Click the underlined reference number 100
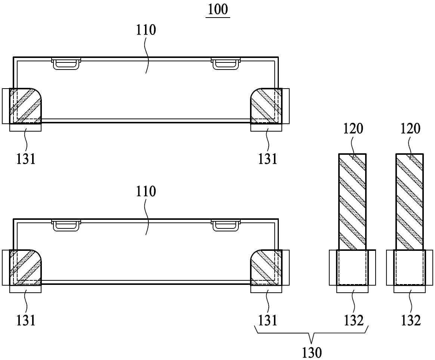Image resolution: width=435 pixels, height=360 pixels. click(218, 9)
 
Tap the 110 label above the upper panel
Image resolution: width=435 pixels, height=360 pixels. click(146, 30)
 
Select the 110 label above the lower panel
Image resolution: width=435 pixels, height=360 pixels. click(146, 191)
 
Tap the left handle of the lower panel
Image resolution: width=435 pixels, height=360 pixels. click(66, 225)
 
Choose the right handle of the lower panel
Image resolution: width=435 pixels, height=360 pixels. click(226, 225)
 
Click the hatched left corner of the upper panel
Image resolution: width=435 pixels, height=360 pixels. click(25, 106)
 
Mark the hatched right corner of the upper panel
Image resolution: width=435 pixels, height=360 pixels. click(266, 106)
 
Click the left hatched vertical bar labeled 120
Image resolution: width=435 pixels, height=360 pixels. click(352, 202)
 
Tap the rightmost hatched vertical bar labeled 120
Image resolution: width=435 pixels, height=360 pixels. click(410, 202)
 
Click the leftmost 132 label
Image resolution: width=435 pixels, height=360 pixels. click(354, 320)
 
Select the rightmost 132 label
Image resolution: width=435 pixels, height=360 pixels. click(411, 320)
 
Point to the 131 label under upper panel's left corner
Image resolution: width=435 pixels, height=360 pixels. click(26, 159)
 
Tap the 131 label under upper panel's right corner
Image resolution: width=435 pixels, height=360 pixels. click(268, 159)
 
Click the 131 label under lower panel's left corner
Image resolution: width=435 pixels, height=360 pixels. click(26, 320)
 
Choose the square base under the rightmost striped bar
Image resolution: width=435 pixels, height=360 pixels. click(410, 268)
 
